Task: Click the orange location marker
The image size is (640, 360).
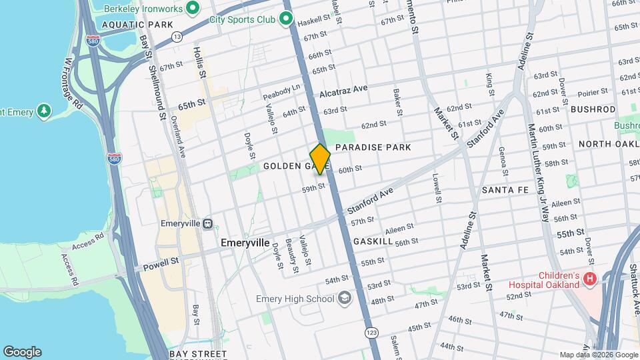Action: tap(320, 159)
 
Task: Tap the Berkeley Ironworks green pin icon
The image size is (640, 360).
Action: tap(193, 8)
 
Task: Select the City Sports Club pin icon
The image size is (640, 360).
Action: tap(287, 19)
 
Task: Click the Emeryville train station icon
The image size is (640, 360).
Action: tap(208, 224)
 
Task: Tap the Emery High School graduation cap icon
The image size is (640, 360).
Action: tap(344, 298)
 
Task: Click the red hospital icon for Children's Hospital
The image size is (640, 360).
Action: tap(589, 278)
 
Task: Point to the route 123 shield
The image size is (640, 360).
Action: tap(369, 331)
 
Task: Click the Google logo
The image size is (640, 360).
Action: tap(22, 351)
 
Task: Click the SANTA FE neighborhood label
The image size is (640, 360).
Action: tap(505, 190)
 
